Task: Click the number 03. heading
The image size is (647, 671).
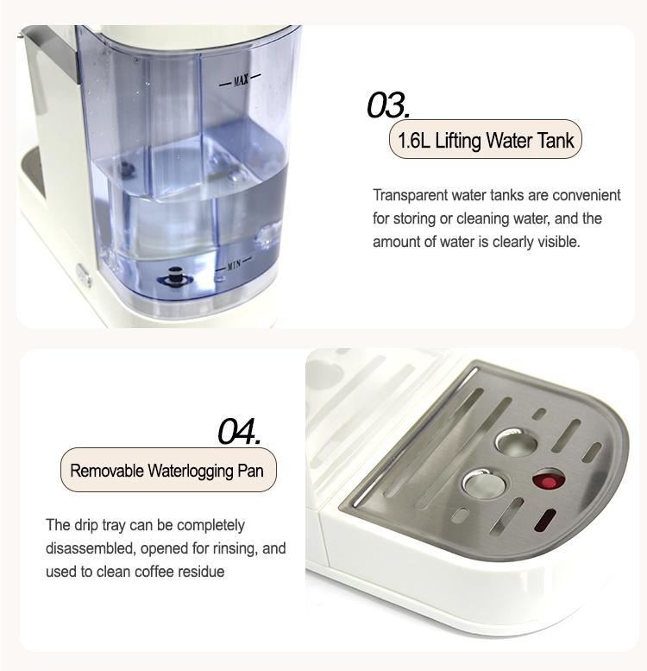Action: pos(387,105)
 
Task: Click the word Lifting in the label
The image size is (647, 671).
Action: pos(461,141)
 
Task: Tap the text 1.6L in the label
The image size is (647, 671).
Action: pos(414,141)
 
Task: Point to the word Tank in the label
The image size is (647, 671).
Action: pos(556,141)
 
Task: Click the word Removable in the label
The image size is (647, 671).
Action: pos(107,471)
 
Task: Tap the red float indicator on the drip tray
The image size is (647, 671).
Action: pos(545,479)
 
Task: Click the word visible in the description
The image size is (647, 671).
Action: pos(560,242)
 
